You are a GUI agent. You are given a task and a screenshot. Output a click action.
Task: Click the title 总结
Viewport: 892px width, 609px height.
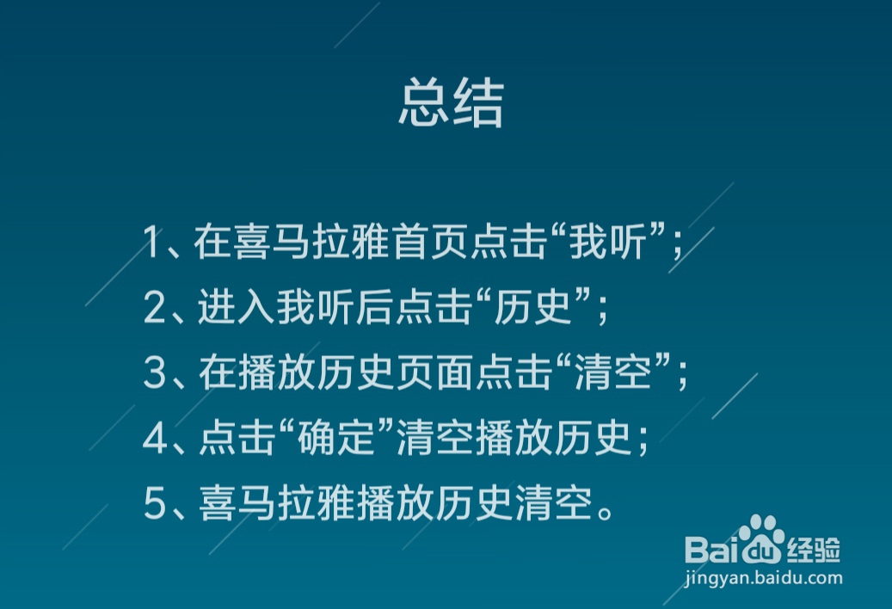coord(451,103)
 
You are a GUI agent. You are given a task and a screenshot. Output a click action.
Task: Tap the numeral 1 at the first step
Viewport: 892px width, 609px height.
coord(151,242)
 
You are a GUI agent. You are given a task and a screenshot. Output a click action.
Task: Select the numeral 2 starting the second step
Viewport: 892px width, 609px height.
coord(154,308)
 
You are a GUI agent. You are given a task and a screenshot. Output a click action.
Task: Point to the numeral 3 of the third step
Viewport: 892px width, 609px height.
coord(154,373)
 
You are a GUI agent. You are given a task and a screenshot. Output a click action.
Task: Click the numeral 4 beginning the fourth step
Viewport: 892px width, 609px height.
coord(155,439)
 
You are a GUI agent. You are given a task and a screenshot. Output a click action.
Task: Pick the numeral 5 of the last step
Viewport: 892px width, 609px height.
coord(154,504)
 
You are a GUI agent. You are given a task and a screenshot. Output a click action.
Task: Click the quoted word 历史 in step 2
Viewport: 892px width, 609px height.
coord(532,308)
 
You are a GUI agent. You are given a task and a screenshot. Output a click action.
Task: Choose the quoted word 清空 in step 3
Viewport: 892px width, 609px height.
coord(613,373)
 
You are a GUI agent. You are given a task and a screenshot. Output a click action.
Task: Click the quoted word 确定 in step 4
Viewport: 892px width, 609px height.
coord(336,439)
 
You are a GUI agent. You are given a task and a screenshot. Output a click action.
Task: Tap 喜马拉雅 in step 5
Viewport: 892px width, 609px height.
coord(277,504)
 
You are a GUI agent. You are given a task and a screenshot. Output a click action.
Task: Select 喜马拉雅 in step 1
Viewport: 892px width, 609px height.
coord(273,242)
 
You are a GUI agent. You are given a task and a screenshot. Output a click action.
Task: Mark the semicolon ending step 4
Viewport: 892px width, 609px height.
coord(643,442)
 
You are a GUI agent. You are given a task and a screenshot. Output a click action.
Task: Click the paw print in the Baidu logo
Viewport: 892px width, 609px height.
coord(761,538)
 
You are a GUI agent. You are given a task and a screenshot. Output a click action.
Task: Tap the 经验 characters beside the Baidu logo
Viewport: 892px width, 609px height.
coord(814,550)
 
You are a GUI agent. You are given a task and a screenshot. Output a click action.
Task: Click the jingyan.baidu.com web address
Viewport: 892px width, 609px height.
coord(764,578)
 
